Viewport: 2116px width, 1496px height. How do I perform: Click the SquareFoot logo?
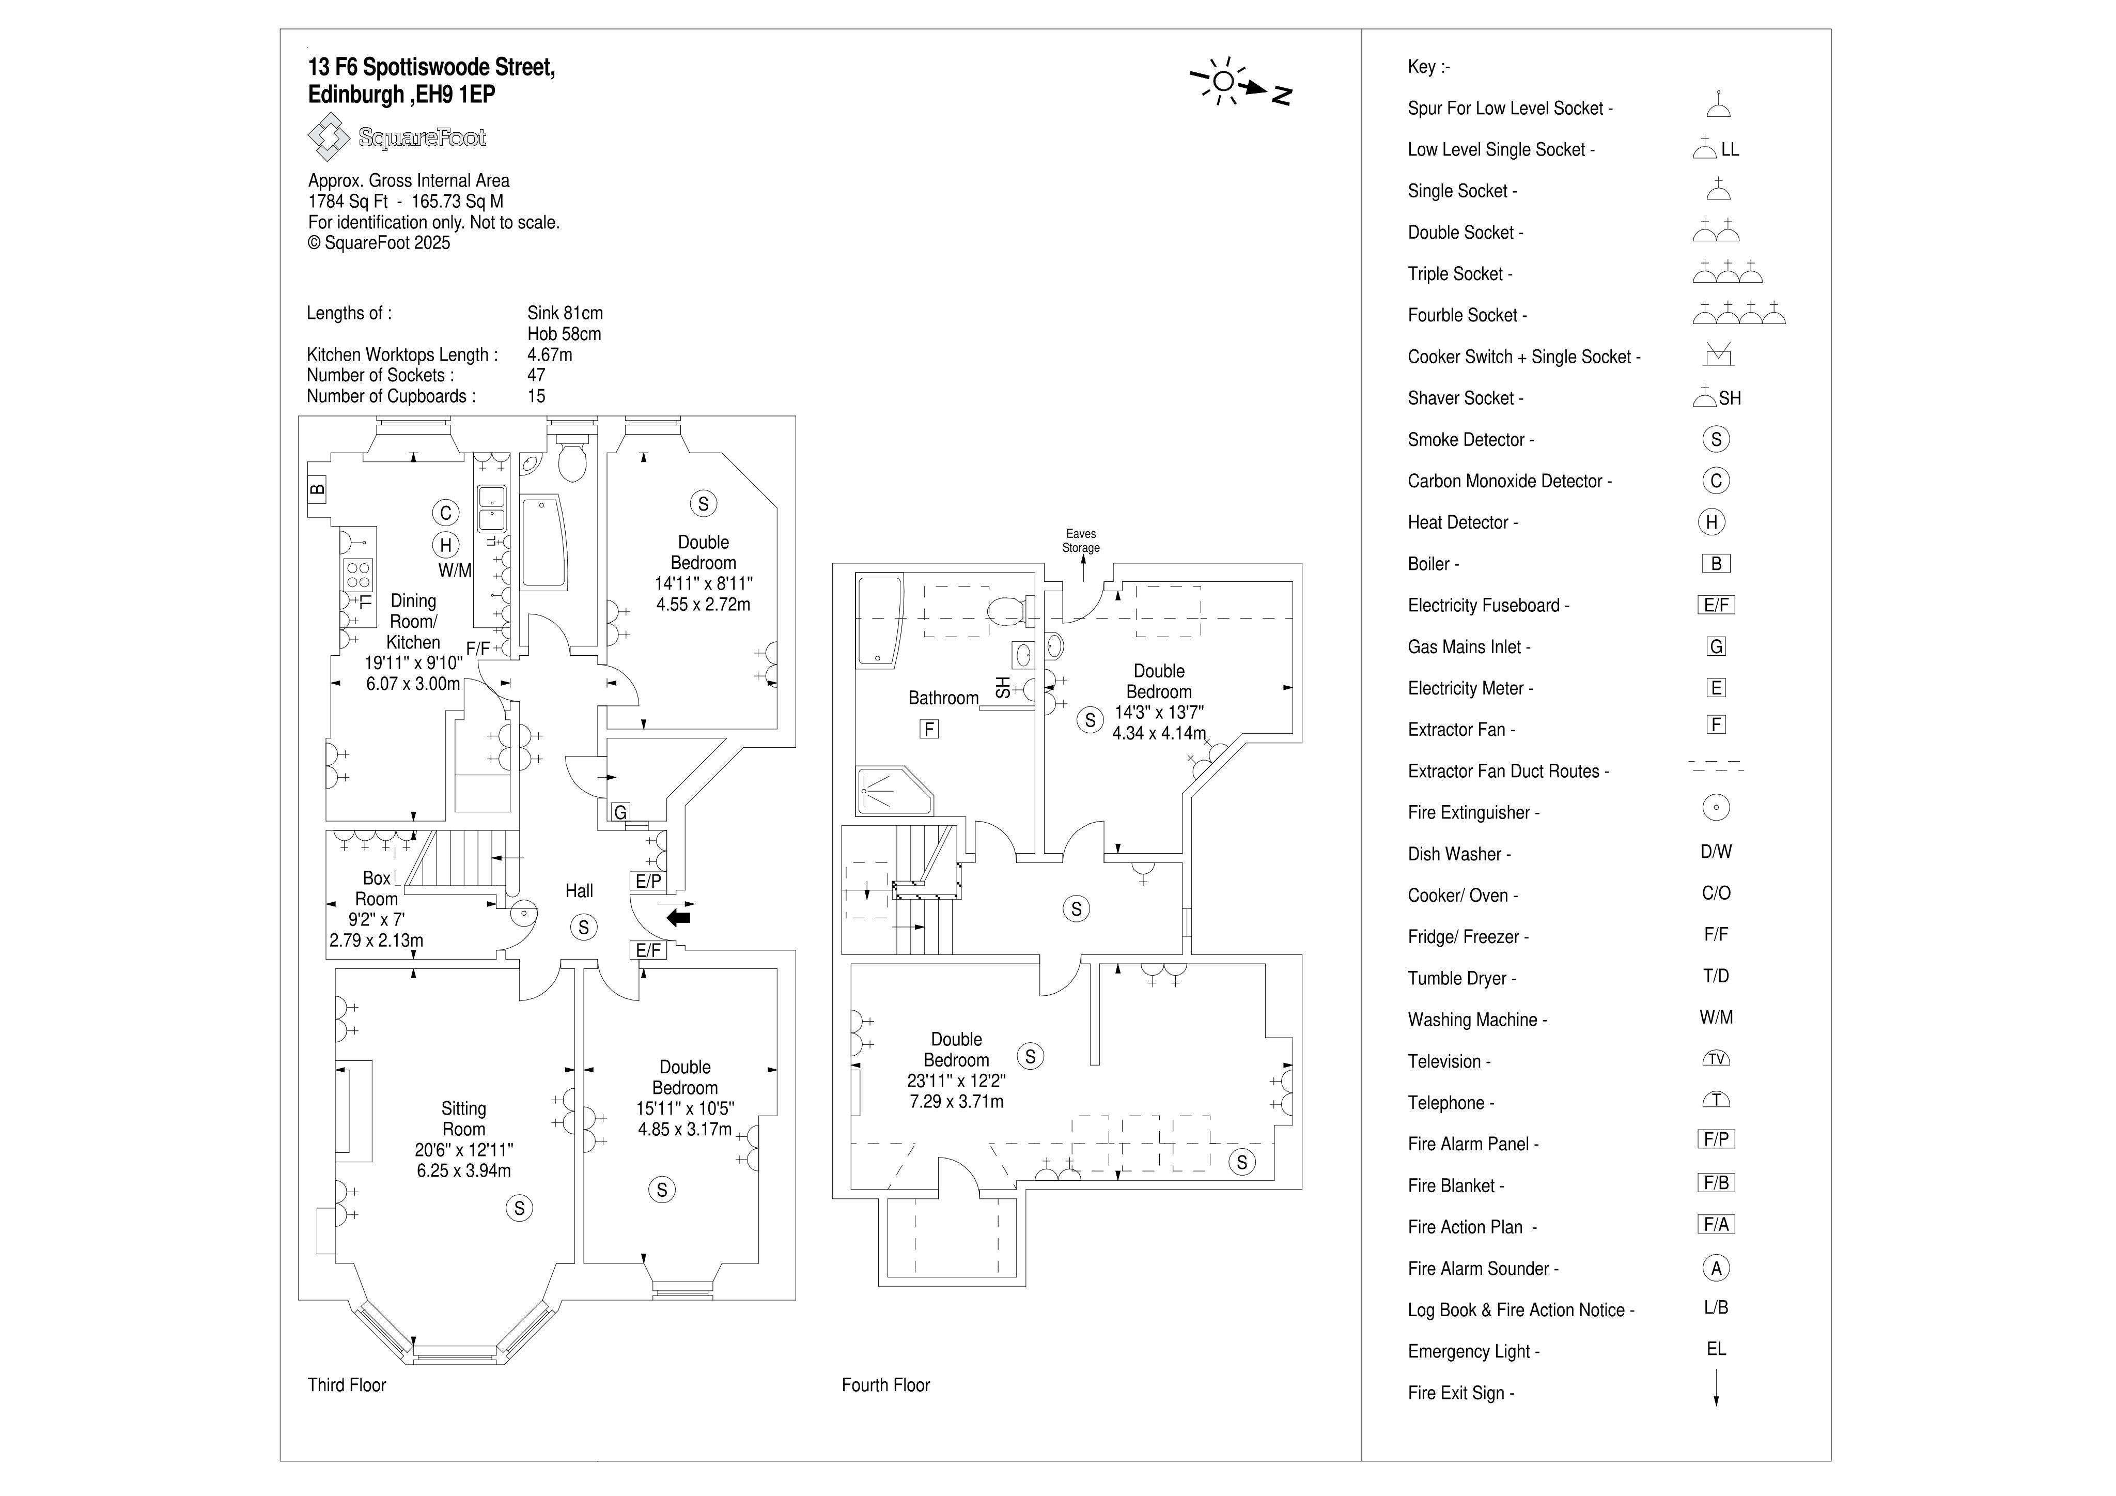397,137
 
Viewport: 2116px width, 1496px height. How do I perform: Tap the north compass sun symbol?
1223,81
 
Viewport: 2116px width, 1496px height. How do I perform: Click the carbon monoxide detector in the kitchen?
446,514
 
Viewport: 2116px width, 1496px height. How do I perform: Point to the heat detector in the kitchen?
446,545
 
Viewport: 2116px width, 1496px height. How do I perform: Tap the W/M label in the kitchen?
454,570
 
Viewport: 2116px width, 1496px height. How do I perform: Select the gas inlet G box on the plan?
620,812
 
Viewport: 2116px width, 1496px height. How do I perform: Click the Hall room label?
579,890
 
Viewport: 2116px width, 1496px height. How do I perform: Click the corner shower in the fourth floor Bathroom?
894,790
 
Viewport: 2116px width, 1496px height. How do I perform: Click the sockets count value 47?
536,375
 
